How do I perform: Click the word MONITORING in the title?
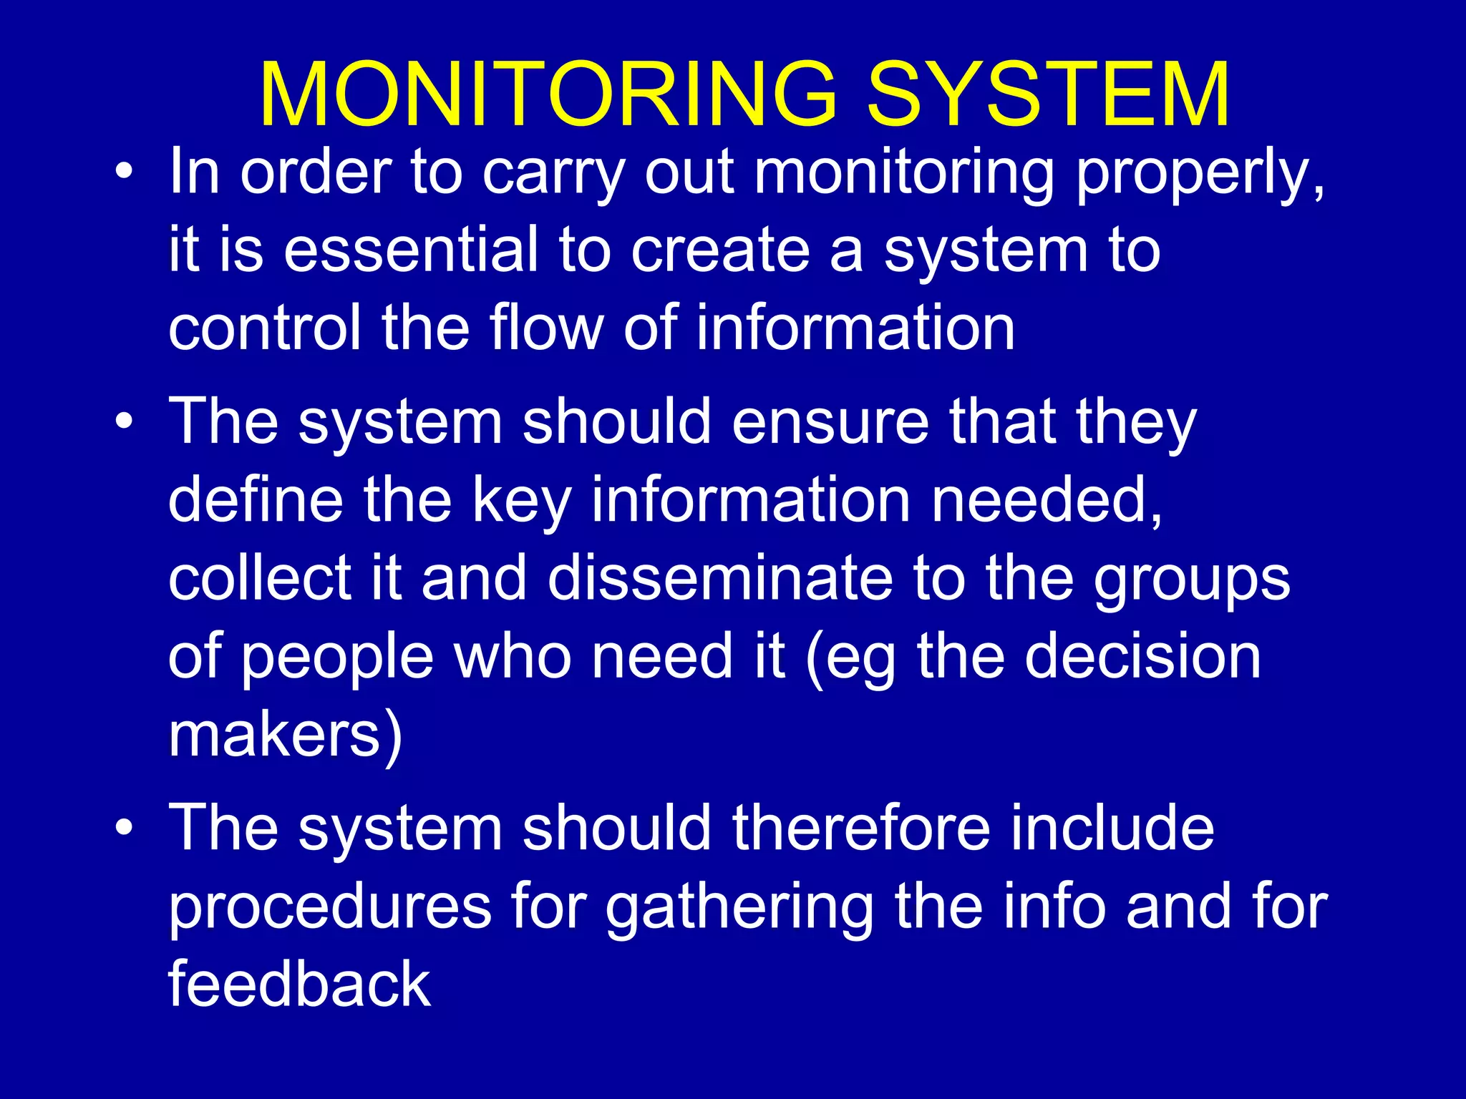(x=548, y=94)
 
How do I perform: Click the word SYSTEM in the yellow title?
(x=1048, y=94)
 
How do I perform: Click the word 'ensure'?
(x=830, y=422)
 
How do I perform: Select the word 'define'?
(x=255, y=500)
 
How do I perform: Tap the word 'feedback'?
(x=299, y=985)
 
